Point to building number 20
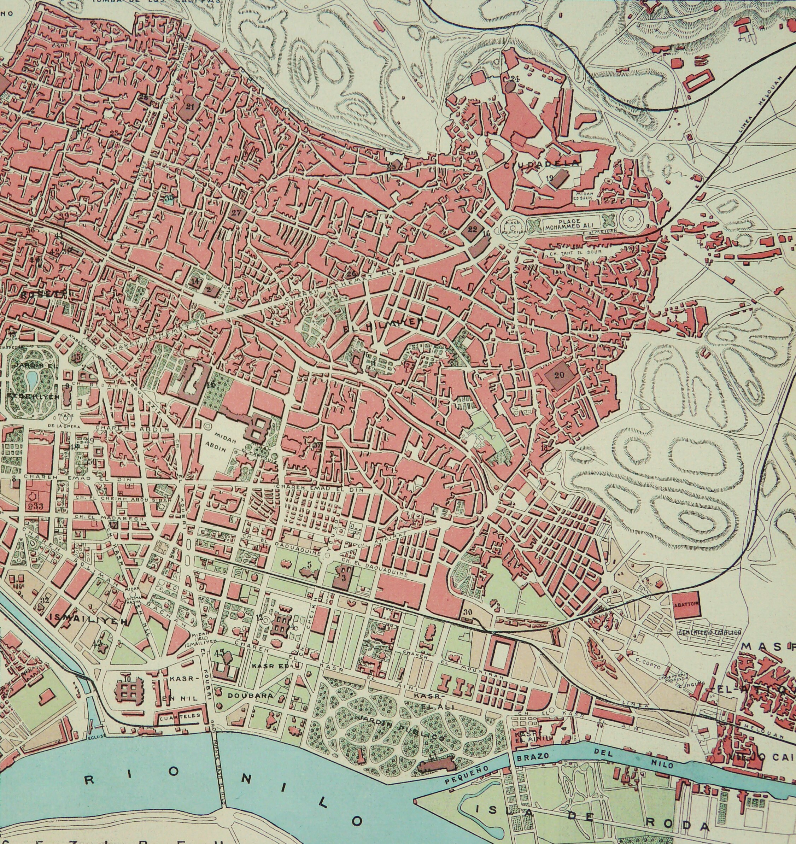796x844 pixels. (559, 375)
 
